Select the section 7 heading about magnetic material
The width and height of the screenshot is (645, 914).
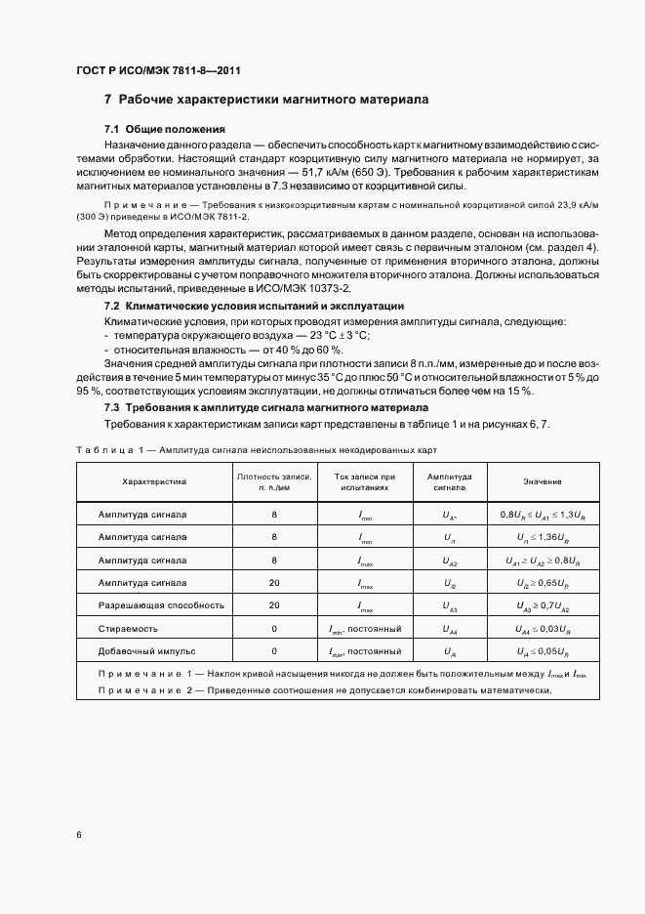click(x=266, y=100)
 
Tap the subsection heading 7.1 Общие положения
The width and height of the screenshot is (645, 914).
click(x=165, y=129)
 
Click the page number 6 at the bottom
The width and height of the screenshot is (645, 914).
click(x=79, y=834)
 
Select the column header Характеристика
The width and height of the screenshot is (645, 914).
click(x=153, y=481)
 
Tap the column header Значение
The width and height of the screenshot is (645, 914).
click(x=542, y=481)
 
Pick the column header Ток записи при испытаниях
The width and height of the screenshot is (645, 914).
click(x=364, y=481)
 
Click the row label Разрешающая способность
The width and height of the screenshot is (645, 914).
click(x=161, y=605)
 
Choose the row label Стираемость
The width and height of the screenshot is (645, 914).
click(x=128, y=629)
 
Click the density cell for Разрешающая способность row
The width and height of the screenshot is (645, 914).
click(x=274, y=605)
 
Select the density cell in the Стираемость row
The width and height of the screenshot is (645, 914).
click(x=274, y=629)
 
